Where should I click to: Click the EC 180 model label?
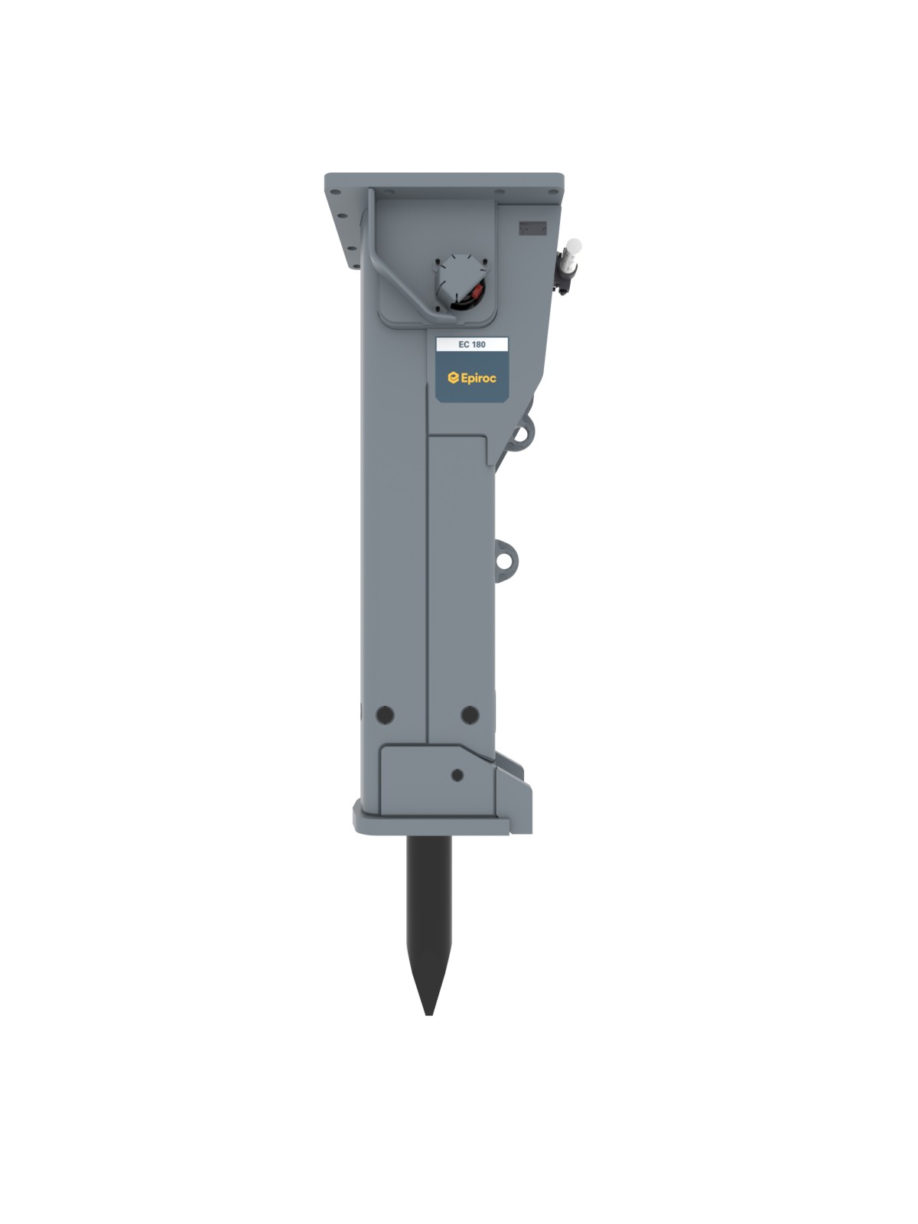[x=471, y=344]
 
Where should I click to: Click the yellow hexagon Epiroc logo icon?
[x=453, y=377]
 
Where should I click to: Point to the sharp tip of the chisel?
[x=429, y=1012]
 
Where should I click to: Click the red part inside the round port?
[x=478, y=291]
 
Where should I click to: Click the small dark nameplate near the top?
[x=533, y=227]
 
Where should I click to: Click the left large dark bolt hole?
[x=386, y=715]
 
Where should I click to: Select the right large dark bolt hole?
[x=470, y=715]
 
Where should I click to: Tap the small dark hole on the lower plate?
[x=457, y=775]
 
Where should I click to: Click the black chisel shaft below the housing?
[x=429, y=903]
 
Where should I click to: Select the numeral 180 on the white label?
[x=478, y=344]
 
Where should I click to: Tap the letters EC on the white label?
[x=464, y=344]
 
